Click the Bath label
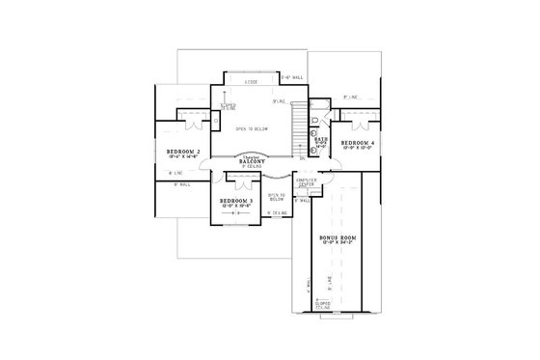pyautogui.click(x=320, y=139)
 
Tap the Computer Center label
pyautogui.click(x=307, y=182)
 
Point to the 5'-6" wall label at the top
pyautogui.click(x=291, y=76)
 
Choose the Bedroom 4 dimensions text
pyautogui.click(x=359, y=148)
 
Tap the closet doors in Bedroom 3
pyautogui.click(x=237, y=179)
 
